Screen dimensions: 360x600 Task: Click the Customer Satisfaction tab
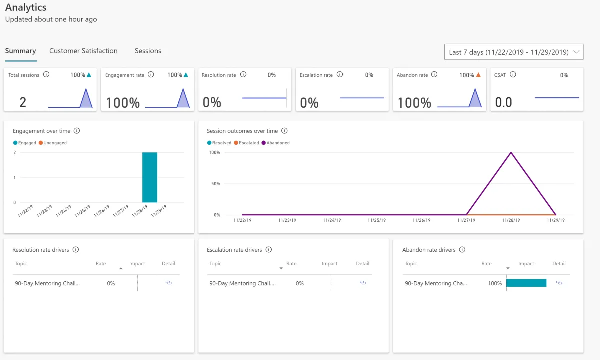83,51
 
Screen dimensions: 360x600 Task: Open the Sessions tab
148,51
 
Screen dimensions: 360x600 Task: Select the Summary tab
20,51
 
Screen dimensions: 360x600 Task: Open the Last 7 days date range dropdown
513,52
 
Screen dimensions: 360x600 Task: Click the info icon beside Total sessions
46,75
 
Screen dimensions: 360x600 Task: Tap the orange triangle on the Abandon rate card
478,75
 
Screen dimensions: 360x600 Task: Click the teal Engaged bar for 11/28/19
150,177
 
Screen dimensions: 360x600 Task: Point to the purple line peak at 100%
511,152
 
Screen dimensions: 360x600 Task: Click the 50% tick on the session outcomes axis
215,184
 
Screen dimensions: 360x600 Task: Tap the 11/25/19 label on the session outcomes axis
377,220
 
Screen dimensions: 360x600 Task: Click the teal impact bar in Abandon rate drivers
526,283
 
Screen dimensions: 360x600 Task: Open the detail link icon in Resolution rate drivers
168,283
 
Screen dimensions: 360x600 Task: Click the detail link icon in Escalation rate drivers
363,283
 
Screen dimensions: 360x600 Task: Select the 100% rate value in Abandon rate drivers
495,283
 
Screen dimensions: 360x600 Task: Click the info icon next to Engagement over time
77,131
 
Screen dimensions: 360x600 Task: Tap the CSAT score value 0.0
504,102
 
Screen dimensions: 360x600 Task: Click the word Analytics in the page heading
26,7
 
